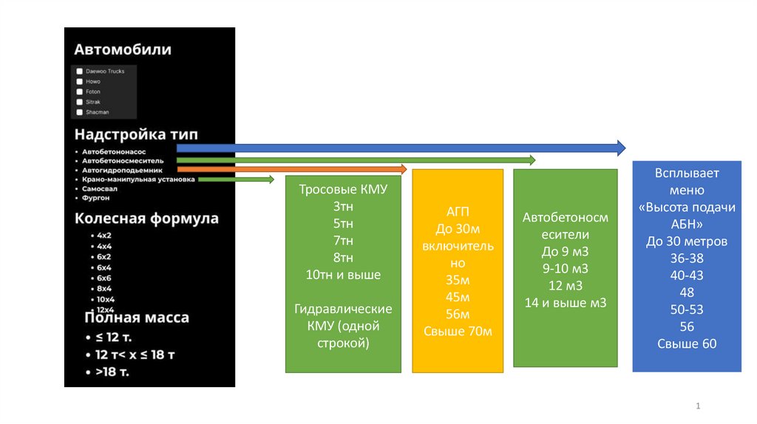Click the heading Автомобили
122,50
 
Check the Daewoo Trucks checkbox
79,72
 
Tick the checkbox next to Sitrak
79,102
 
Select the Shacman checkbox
79,112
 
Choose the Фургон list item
96,198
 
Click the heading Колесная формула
146,219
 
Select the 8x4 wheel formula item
104,288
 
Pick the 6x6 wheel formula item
104,278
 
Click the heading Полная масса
137,318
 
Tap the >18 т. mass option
112,372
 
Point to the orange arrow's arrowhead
403,169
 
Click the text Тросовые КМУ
343,189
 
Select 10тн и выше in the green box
343,275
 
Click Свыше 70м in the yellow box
458,331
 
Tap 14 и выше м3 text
565,302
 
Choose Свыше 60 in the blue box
687,343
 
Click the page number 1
698,407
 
